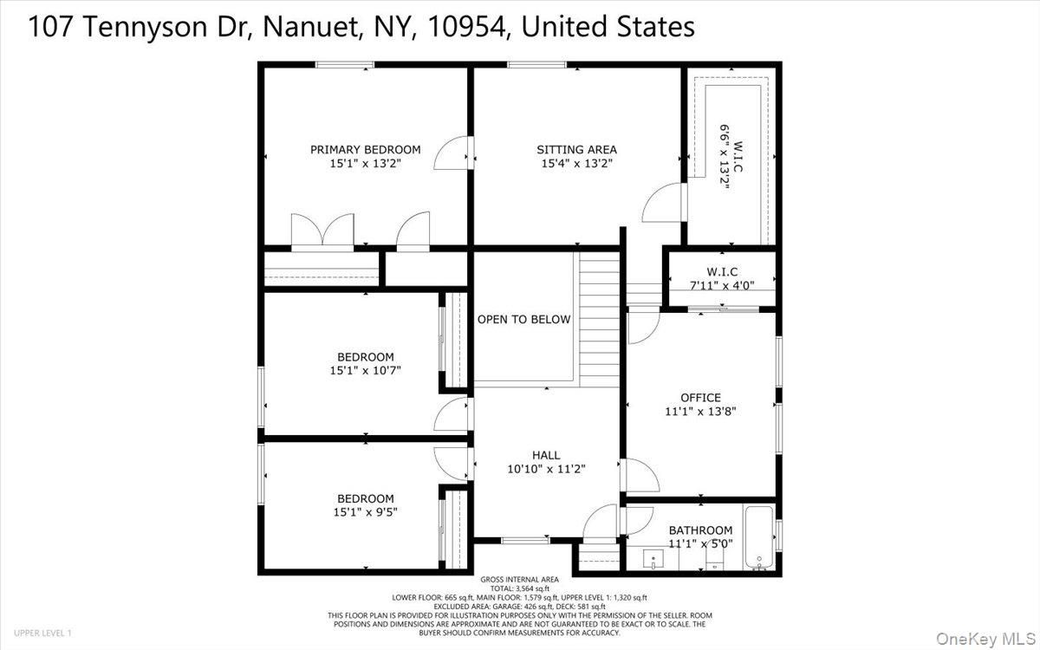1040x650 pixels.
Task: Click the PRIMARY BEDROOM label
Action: [x=365, y=150]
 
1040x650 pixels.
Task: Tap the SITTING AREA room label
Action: [x=576, y=150]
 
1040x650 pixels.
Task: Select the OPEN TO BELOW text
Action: [x=523, y=320]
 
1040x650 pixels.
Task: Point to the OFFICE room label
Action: [x=700, y=398]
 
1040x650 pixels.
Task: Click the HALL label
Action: [x=546, y=455]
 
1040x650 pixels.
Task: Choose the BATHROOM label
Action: [x=700, y=530]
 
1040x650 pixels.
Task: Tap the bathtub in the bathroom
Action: [x=758, y=537]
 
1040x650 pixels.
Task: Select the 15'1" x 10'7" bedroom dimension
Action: [x=365, y=370]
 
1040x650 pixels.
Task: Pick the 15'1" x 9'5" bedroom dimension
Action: [x=365, y=511]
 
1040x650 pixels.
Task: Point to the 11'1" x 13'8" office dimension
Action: [x=700, y=412]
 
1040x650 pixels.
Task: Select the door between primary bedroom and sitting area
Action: [x=454, y=156]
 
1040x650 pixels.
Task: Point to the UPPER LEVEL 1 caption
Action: [x=42, y=634]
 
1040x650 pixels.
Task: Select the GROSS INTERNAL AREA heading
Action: [x=520, y=580]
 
